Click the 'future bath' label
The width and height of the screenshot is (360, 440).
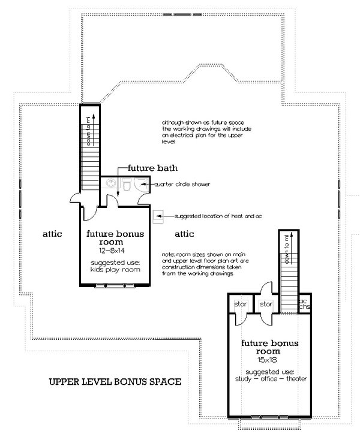151,168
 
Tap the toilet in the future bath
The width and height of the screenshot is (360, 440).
126,188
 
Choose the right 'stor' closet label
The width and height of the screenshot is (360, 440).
266,305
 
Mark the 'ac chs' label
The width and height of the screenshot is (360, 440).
304,305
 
